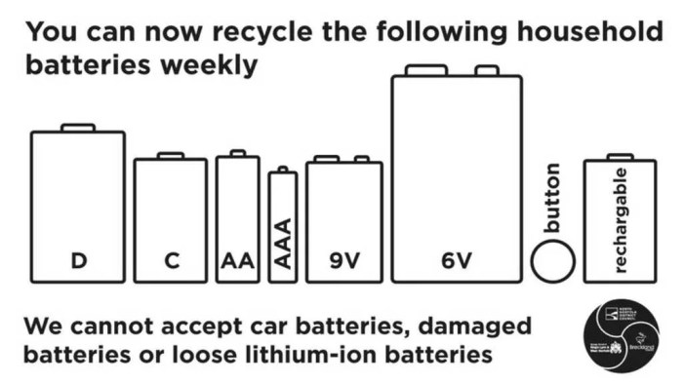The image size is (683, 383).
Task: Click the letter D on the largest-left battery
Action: pos(78,260)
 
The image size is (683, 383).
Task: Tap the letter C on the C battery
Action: pos(171,260)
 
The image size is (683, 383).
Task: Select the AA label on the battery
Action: pos(237,260)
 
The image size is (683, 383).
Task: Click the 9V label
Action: pos(344,260)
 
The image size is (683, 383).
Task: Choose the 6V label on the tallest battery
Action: pos(456,260)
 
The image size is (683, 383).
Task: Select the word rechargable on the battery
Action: pos(621,220)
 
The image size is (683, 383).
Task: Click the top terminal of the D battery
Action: pos(78,128)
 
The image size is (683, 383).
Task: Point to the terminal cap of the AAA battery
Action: pos(283,171)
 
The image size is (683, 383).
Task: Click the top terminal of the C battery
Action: pos(171,155)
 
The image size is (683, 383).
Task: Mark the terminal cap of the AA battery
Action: pos(237,153)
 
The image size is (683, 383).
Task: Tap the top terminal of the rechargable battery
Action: pos(620,156)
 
